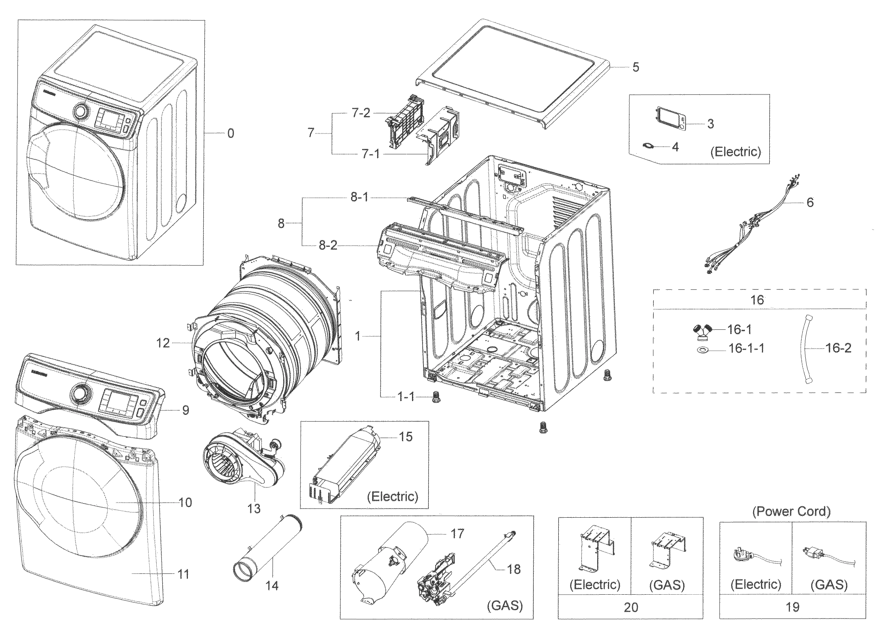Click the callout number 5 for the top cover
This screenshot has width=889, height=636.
(636, 67)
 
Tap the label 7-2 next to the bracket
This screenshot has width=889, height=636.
(361, 113)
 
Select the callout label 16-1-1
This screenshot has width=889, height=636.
(746, 348)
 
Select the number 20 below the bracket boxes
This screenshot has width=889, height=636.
(631, 607)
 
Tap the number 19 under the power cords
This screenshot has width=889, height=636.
(793, 607)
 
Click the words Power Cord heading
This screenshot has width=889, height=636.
(791, 512)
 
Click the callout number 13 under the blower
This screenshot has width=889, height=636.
(254, 508)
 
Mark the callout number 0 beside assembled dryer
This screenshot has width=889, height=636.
(231, 133)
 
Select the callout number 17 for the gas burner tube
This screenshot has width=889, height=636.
(457, 533)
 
